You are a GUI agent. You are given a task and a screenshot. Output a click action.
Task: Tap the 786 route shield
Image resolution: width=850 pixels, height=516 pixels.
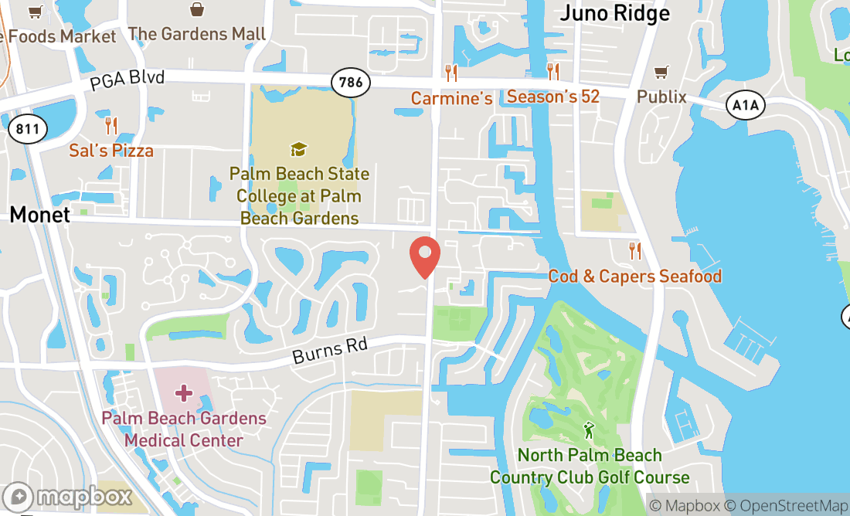[x=348, y=82]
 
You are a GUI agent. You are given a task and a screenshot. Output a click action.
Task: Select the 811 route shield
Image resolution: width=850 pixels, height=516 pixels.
[x=27, y=128]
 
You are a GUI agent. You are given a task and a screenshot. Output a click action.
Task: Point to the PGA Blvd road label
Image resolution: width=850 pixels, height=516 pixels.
[x=127, y=80]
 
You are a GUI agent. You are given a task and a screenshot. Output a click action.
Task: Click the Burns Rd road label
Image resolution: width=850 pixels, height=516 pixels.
[x=329, y=351]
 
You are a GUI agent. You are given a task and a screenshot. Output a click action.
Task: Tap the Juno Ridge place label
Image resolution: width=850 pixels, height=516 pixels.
[x=614, y=12]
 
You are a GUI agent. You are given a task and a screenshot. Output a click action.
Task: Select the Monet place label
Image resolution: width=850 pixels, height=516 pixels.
[x=40, y=215]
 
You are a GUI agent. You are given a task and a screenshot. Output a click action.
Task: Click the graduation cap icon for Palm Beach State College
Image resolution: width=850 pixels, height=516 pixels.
[x=298, y=149]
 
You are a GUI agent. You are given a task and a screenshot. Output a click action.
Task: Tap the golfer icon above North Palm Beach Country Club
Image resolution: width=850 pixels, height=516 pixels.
[x=589, y=430]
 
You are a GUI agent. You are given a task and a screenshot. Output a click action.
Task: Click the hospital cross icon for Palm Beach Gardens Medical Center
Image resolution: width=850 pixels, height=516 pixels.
[x=183, y=394]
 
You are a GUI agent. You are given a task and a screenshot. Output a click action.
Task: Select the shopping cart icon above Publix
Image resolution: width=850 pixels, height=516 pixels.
[x=661, y=72]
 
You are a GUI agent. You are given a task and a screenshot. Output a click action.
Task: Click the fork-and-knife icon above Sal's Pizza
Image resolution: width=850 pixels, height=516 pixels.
[x=111, y=125]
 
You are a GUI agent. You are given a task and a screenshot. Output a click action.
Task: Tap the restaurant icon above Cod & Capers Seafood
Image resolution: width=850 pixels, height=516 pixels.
[x=635, y=251]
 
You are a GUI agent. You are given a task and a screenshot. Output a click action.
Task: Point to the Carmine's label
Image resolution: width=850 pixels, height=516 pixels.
[x=451, y=98]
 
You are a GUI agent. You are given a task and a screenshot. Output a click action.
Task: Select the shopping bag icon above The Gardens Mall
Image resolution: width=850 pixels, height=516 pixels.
[x=197, y=9]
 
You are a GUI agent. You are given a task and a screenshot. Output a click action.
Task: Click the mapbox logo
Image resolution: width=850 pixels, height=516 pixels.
[x=67, y=497]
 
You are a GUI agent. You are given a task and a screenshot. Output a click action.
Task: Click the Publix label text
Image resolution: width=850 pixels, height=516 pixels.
[x=661, y=97]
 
